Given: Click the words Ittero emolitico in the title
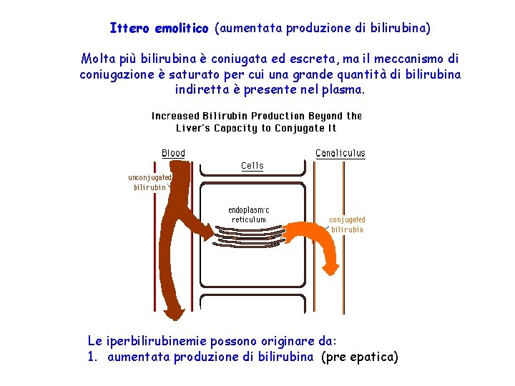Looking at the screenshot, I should pyautogui.click(x=159, y=29).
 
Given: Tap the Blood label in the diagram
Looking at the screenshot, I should pyautogui.click(x=173, y=153).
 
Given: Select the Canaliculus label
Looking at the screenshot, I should pyautogui.click(x=340, y=153).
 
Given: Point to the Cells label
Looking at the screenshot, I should pyautogui.click(x=252, y=166).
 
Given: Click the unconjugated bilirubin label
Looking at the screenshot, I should pyautogui.click(x=149, y=182).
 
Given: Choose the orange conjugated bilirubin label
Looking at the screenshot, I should pyautogui.click(x=347, y=224).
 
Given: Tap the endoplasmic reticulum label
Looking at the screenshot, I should pyautogui.click(x=249, y=214).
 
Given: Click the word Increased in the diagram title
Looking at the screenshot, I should pyautogui.click(x=175, y=116).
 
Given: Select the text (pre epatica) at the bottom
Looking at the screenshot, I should pyautogui.click(x=360, y=357).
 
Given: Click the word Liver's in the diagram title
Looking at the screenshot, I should pyautogui.click(x=194, y=129).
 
